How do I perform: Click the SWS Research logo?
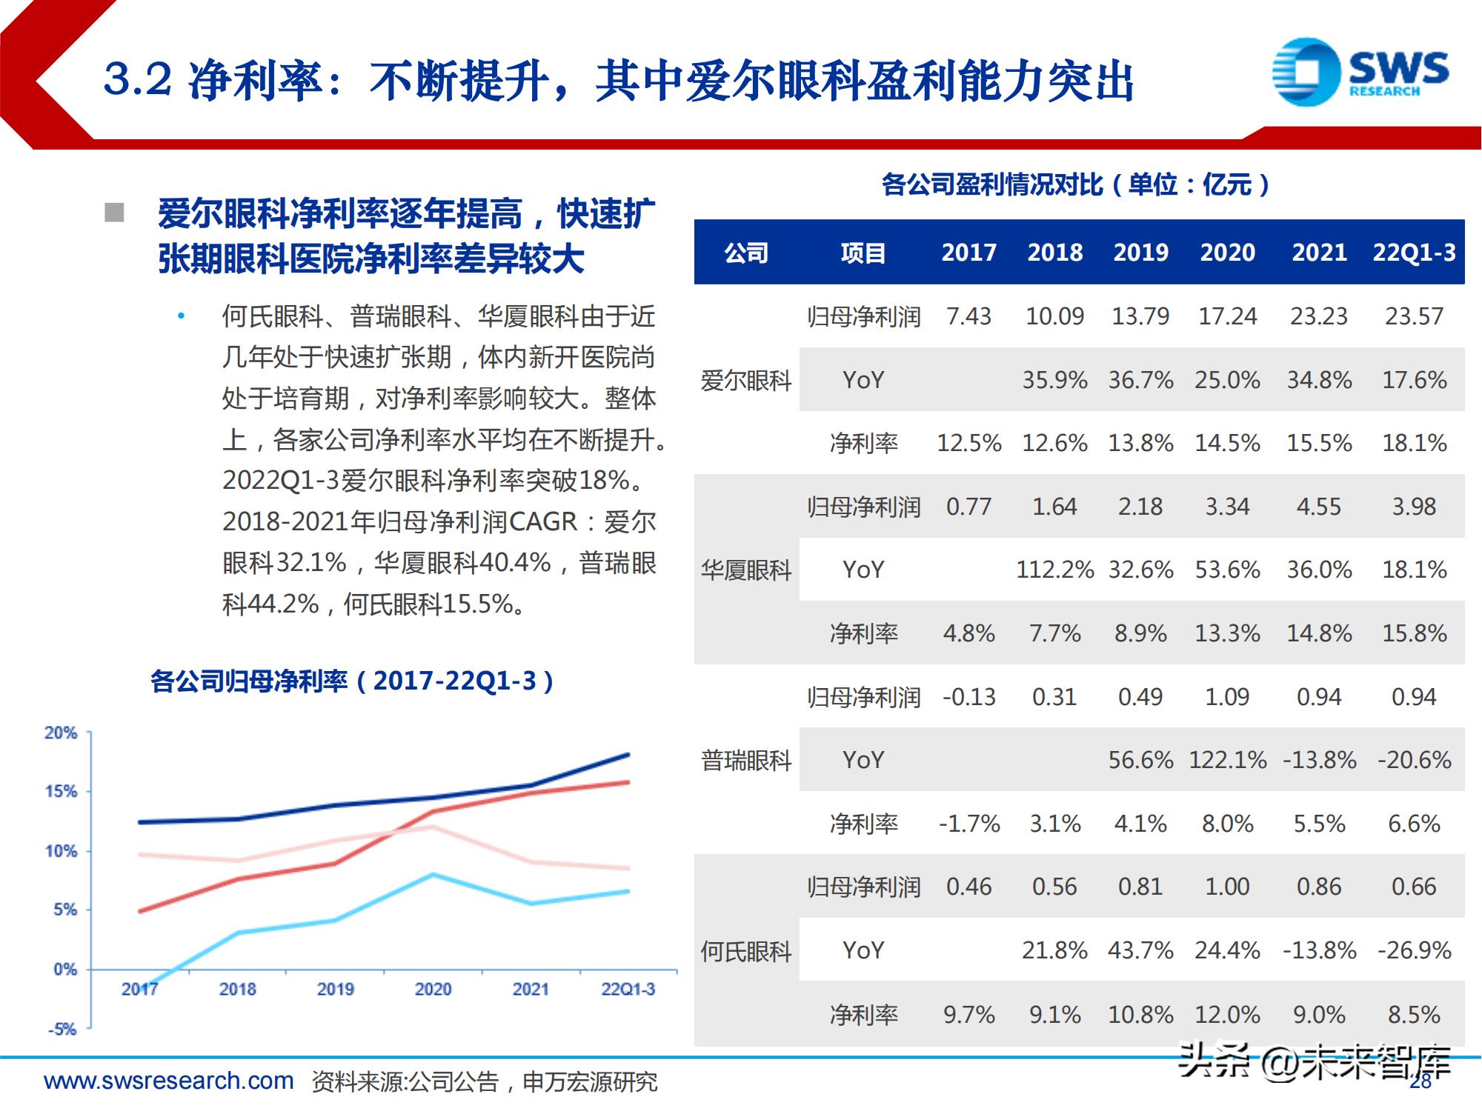coord(1360,73)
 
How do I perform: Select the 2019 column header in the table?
coord(1140,253)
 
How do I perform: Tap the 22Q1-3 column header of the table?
coord(1414,253)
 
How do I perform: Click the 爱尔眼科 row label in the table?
coord(746,381)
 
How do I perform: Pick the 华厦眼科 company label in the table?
coord(746,570)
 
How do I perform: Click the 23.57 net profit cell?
coord(1414,317)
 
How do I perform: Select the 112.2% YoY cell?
coord(1054,570)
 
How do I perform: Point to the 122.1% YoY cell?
coord(1227,761)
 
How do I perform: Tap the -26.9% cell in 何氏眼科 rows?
coord(1414,950)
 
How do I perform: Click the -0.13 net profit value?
coord(968,697)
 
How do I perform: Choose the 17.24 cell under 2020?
coord(1227,317)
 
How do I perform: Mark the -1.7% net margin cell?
coord(968,824)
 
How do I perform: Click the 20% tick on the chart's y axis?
coord(61,733)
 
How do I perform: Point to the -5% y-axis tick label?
coord(62,1030)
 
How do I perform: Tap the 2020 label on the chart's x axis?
coord(433,990)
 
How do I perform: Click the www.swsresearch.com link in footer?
coord(169,1081)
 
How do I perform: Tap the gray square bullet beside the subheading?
coord(114,213)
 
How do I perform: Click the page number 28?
coord(1420,1083)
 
